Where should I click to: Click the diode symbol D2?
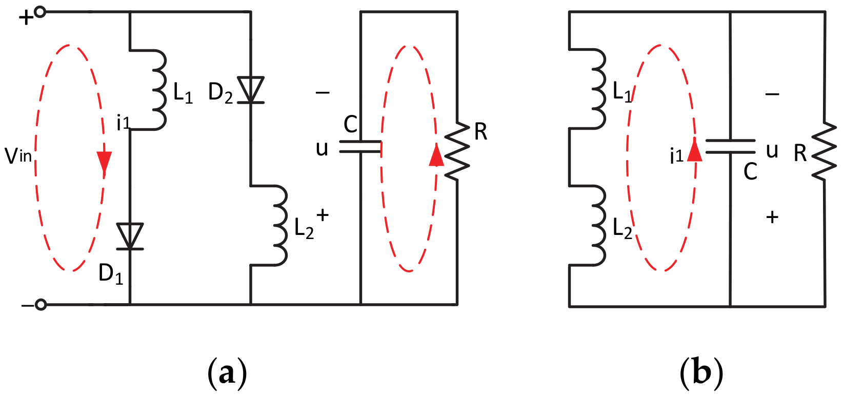coord(250,90)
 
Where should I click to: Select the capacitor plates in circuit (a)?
coord(360,147)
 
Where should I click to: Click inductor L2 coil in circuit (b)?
coord(597,226)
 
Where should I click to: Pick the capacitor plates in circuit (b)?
coord(730,147)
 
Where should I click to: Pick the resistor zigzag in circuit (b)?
coord(825,151)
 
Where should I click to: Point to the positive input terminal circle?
coord(40,12)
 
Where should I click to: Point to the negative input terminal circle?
coord(41,305)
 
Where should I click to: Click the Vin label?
coord(18,155)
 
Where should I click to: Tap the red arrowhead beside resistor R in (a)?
coord(436,155)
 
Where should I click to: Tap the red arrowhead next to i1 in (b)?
coord(694,150)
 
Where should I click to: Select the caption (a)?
coord(227,373)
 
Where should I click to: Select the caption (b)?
coord(701,373)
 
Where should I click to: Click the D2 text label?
coord(220,93)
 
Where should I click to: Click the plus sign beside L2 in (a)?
coord(322,215)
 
